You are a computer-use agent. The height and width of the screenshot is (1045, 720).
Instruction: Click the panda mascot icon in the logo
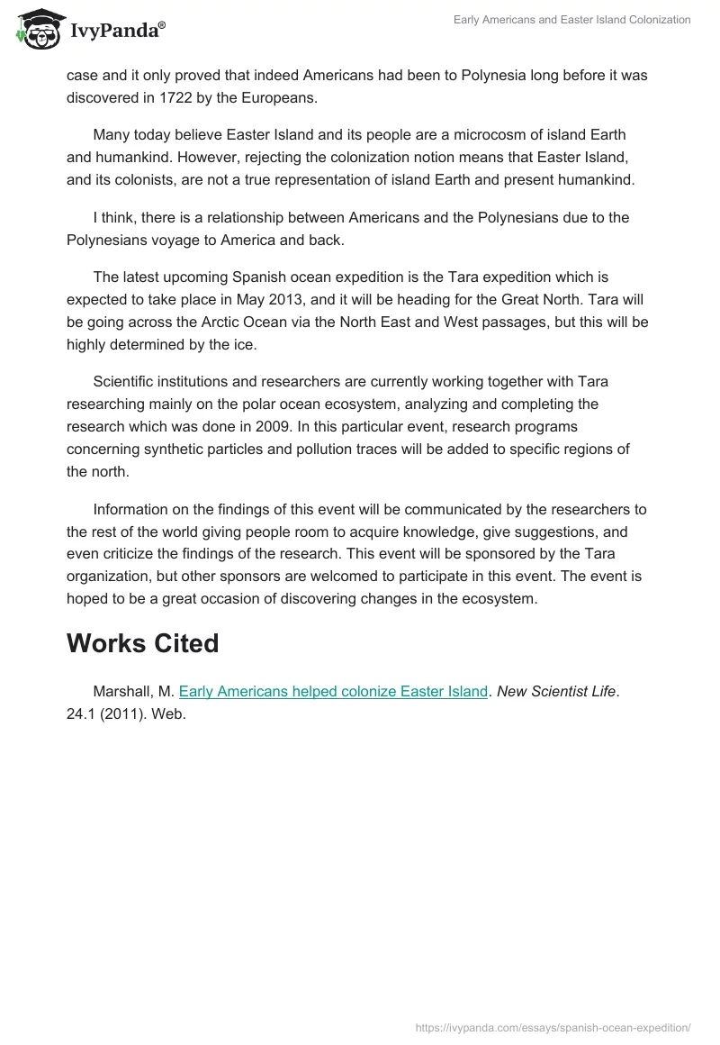[x=35, y=31]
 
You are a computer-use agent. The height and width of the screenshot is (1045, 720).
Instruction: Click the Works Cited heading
[x=142, y=643]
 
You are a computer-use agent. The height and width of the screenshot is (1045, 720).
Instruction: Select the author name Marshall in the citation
[x=124, y=692]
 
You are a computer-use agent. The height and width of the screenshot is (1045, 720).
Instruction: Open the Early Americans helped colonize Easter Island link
[x=333, y=692]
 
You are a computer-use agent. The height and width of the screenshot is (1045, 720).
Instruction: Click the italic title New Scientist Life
[x=557, y=692]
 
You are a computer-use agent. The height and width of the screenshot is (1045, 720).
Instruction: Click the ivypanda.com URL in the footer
[x=553, y=1027]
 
